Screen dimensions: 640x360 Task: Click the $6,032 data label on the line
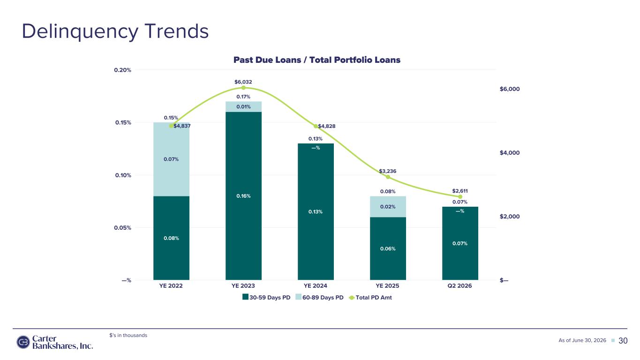tap(243, 82)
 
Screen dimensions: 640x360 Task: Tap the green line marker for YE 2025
tap(388, 177)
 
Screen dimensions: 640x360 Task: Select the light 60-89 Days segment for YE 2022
tap(172, 159)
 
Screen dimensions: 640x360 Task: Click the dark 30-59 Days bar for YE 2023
tap(243, 196)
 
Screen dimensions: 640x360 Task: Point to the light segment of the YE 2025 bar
tap(388, 207)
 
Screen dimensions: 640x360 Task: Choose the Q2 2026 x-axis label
tap(459, 286)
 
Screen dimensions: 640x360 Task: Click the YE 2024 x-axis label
tap(315, 286)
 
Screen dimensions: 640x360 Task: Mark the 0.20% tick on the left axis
tap(122, 70)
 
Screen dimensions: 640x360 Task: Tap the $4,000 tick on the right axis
tap(510, 152)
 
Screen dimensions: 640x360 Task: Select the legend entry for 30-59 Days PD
tap(266, 298)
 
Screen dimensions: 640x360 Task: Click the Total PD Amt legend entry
tap(370, 298)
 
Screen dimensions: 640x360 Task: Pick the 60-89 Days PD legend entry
tap(319, 298)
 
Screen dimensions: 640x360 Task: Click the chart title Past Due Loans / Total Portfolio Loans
tap(317, 60)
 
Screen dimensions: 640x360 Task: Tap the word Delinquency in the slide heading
tap(80, 32)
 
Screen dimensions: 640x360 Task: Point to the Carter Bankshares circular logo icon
tap(23, 342)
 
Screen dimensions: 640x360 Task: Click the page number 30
tap(623, 341)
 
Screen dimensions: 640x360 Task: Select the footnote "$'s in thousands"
tap(128, 335)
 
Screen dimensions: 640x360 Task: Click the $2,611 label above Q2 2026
tap(460, 191)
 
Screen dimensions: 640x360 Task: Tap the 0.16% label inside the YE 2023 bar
tap(243, 196)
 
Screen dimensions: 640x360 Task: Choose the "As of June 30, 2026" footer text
tap(582, 340)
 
